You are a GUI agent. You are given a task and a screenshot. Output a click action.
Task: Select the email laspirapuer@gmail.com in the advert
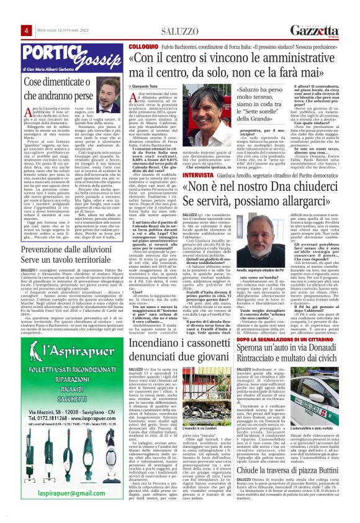(61, 510)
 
